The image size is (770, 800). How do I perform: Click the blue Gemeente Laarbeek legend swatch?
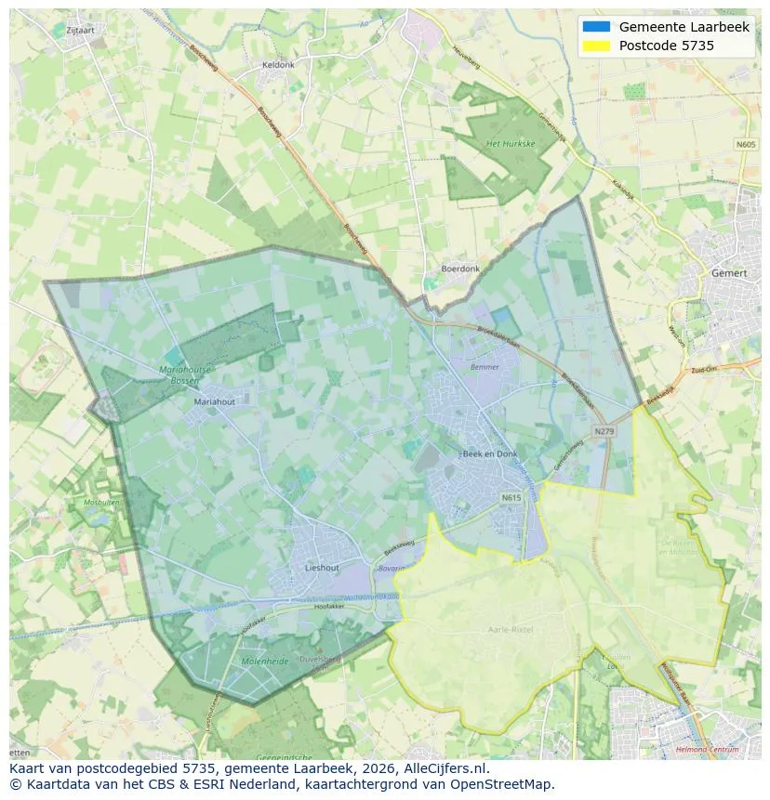tap(596, 27)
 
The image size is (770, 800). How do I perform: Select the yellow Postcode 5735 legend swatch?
tap(596, 46)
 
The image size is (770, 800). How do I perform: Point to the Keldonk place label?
tap(278, 65)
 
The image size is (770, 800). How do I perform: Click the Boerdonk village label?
tap(460, 269)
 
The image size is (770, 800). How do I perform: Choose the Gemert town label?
tap(728, 274)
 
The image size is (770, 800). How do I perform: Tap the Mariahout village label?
tap(215, 402)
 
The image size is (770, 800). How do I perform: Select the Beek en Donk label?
tap(490, 453)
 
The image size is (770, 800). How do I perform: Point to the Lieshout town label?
tap(323, 567)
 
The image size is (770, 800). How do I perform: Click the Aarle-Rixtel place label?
tap(511, 629)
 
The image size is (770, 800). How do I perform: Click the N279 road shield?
tap(604, 431)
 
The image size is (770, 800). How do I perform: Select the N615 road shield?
tap(511, 498)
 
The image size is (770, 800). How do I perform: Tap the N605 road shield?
tap(746, 144)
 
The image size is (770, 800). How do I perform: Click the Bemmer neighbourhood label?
tap(485, 367)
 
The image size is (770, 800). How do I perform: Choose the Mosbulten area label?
tap(101, 502)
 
